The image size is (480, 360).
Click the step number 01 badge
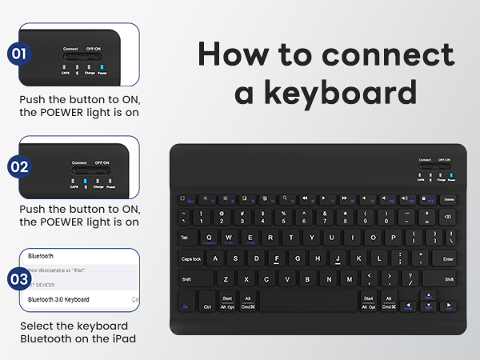(x=19, y=54)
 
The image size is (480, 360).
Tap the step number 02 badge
(x=19, y=166)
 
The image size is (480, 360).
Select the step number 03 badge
(x=19, y=280)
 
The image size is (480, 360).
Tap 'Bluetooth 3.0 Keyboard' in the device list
(x=58, y=299)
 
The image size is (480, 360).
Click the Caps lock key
(x=191, y=258)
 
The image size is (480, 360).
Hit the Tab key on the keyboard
(x=185, y=238)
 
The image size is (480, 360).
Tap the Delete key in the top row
(x=449, y=198)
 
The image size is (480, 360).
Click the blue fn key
(x=185, y=306)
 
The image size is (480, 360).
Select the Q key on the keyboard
(x=210, y=238)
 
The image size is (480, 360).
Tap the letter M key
(x=349, y=279)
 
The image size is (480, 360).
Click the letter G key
(x=298, y=258)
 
